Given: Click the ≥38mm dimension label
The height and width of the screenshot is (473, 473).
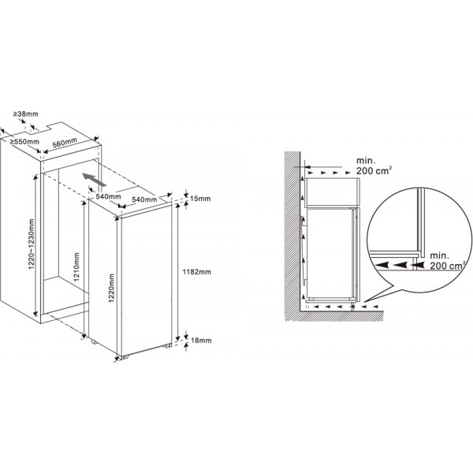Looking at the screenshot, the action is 26,114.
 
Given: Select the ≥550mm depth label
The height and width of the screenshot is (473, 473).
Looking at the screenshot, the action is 24,141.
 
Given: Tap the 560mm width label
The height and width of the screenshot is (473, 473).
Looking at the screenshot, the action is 65,143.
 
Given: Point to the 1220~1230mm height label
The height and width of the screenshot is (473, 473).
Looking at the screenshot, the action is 32,244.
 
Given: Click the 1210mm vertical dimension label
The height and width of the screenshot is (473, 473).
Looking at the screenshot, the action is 76,266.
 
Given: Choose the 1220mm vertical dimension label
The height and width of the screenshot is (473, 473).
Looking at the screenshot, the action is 112,288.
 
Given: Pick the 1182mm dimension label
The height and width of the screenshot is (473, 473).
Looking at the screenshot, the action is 197,272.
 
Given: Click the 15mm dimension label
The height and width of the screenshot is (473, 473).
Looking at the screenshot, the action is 200,199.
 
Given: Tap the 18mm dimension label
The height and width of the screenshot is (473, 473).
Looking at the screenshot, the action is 201,341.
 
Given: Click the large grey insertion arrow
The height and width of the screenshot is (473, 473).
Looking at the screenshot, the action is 95,180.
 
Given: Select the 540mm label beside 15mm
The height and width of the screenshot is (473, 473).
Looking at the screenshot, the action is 144,199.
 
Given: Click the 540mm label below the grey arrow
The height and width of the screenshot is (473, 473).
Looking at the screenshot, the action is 108,196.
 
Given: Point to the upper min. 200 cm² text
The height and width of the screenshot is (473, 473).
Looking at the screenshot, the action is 374,166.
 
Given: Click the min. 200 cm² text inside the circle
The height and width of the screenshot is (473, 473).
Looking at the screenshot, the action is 447,261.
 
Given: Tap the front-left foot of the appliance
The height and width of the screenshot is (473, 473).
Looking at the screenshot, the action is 125,357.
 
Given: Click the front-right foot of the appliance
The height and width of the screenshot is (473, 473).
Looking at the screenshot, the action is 167,346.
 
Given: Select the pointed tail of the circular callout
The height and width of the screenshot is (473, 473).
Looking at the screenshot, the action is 365,302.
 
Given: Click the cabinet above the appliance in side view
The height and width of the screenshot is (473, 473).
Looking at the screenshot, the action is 333,192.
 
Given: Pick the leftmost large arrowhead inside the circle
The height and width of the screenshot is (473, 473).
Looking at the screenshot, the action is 381,265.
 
